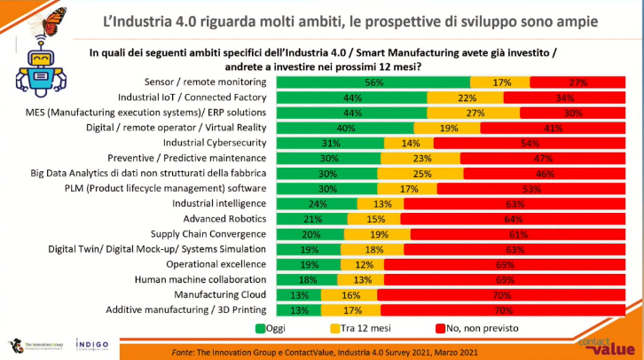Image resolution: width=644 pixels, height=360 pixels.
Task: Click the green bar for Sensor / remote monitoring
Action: click(x=373, y=82)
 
